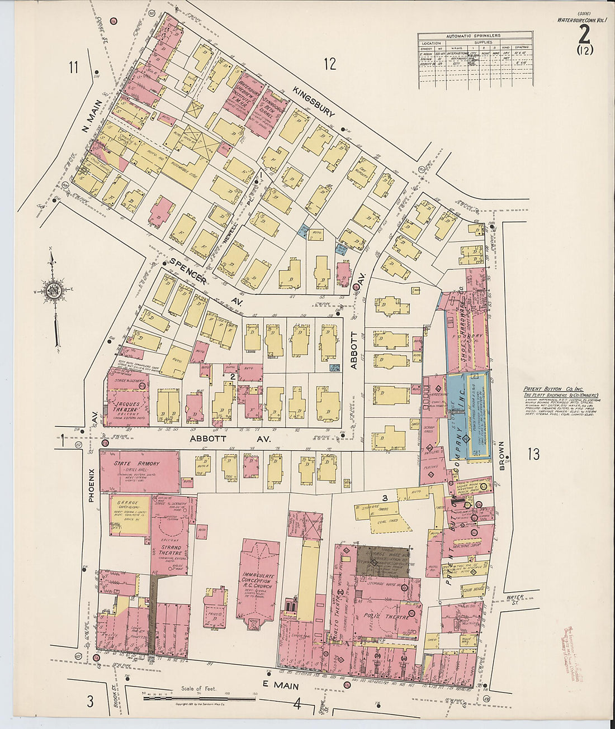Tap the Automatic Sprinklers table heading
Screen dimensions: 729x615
(475, 36)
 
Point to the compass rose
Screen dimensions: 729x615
(54, 291)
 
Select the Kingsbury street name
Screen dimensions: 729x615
(313, 103)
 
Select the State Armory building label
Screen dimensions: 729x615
(137, 464)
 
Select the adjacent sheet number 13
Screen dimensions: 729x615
(534, 454)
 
